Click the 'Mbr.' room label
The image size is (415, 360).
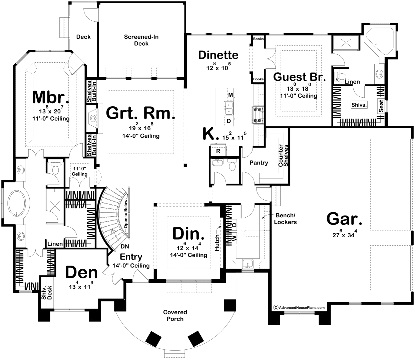(x=51, y=98)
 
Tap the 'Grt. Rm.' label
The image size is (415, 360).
(x=140, y=113)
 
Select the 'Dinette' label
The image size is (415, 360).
(x=218, y=55)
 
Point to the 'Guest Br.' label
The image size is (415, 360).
(x=299, y=77)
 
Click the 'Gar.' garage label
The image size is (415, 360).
(x=344, y=219)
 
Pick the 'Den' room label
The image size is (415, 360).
(x=81, y=272)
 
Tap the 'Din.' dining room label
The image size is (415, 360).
(x=188, y=234)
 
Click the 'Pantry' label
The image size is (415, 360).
(x=259, y=163)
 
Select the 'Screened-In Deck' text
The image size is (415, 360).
(x=141, y=40)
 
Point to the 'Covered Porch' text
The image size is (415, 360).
(x=175, y=315)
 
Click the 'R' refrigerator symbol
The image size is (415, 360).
(x=218, y=151)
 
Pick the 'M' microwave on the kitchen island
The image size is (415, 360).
(x=231, y=95)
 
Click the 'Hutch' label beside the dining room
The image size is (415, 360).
(x=217, y=243)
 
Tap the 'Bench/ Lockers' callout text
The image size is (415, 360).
(x=285, y=219)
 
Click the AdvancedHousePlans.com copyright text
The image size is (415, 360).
(x=299, y=308)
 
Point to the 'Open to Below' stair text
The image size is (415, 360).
(x=126, y=214)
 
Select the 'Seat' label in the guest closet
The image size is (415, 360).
(x=381, y=106)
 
